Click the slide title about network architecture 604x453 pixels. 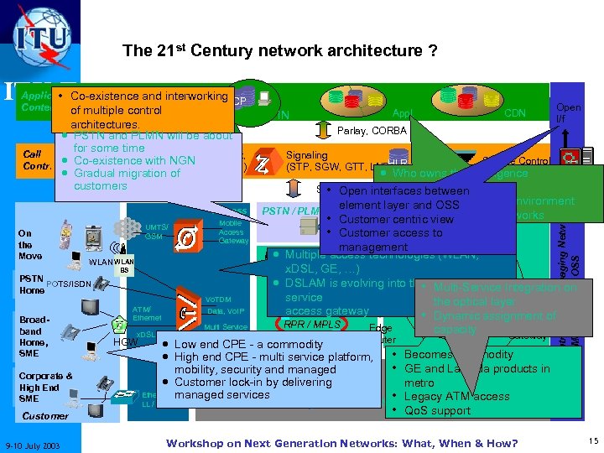coord(279,51)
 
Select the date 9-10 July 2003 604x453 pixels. coord(37,442)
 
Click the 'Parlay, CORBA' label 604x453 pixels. coord(372,130)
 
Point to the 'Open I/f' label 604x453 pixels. coord(566,113)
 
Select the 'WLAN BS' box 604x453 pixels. coord(122,266)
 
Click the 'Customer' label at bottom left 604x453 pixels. coord(45,415)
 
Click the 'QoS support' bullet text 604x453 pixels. coord(437,411)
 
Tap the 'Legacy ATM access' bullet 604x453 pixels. coord(456,397)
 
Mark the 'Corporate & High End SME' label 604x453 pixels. coord(44,388)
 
